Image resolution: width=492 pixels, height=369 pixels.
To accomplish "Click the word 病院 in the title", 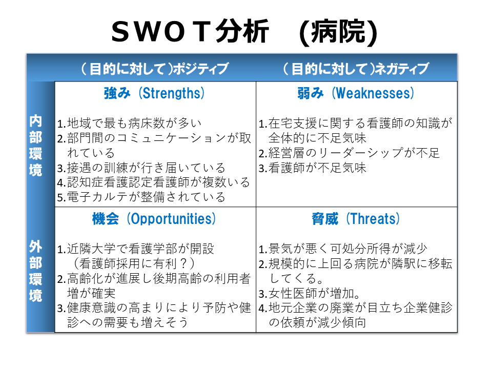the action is (339, 32).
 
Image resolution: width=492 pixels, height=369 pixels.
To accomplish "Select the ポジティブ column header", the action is (155, 69).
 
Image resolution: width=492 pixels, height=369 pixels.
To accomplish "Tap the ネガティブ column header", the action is (356, 69).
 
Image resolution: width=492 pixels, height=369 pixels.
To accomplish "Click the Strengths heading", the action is (154, 93).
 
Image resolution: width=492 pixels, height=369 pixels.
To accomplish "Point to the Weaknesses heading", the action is (356, 93).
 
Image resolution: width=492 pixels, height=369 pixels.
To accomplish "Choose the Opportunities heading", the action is (154, 219).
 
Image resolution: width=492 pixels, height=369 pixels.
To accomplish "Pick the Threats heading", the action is (356, 219).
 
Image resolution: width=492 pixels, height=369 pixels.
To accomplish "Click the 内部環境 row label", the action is (35, 146).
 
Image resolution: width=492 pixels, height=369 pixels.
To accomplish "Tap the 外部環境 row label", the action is (35, 271).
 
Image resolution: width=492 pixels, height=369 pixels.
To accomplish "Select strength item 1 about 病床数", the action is (129, 124).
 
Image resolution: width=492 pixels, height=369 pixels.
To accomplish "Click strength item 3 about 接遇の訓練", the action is (141, 168).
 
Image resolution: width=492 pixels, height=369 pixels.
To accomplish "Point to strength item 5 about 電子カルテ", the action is (141, 197).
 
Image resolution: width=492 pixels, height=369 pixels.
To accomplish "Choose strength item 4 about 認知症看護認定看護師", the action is (154, 182).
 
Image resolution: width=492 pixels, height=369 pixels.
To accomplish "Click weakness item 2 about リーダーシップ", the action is (349, 153).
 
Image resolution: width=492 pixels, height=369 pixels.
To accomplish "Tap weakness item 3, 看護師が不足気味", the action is (313, 168).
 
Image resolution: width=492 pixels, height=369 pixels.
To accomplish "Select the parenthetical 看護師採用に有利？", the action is (134, 263).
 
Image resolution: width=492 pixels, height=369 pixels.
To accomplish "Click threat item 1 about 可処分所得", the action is (343, 249).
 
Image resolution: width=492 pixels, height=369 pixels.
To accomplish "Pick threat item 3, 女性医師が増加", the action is (310, 294).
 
